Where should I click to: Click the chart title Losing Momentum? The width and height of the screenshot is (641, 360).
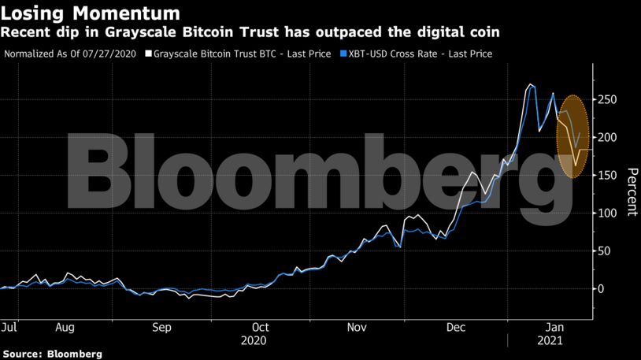coord(91,13)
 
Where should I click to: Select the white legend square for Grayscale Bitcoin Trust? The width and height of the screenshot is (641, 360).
coord(148,54)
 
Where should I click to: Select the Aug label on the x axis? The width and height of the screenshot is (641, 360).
coord(65,326)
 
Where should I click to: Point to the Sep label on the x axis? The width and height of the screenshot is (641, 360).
coord(161,326)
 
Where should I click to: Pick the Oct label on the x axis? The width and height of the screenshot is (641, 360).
coord(260,326)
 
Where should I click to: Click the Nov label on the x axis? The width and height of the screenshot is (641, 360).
coord(358,326)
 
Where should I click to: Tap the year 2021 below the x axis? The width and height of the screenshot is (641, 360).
coord(550,341)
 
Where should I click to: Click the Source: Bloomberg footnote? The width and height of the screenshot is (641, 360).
coord(52,354)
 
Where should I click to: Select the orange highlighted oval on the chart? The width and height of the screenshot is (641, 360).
coord(572,136)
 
